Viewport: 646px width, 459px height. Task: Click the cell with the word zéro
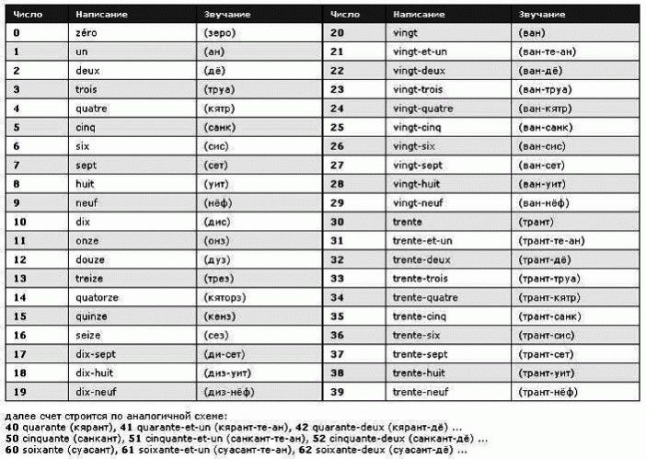[x=88, y=32]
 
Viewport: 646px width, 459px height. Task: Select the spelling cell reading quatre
[x=93, y=108]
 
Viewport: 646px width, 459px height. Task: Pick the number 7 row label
[x=17, y=165]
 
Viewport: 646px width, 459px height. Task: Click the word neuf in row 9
[x=87, y=202]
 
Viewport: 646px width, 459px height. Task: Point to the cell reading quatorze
[x=98, y=298]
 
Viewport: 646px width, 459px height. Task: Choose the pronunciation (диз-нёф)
[x=226, y=393]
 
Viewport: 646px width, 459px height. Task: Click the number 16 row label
[x=19, y=336]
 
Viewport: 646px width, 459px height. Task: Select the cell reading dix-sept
[x=96, y=355]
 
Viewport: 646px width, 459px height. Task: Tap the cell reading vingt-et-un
[x=419, y=51]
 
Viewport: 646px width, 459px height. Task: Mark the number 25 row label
[x=337, y=127]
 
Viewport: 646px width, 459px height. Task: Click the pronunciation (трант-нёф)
[x=552, y=393]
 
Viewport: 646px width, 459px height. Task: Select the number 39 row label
[x=337, y=393]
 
